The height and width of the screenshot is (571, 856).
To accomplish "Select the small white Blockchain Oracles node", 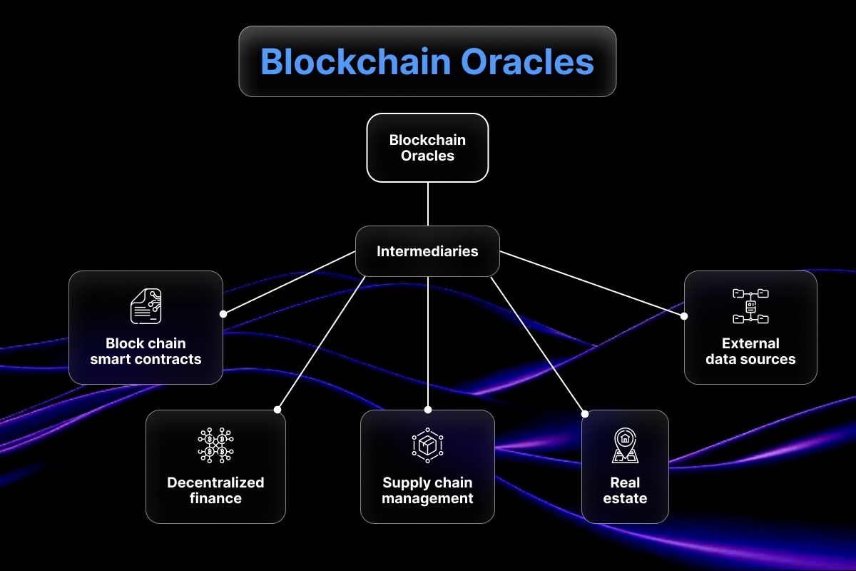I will (x=427, y=148).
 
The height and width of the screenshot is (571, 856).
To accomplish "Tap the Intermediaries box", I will (x=427, y=251).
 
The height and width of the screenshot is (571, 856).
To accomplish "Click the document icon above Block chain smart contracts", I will (x=146, y=306).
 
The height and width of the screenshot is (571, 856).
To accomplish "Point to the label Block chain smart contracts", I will (x=146, y=351).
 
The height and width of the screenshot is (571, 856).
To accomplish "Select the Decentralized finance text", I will (x=215, y=490).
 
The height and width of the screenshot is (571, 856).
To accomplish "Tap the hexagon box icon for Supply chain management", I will (x=427, y=445).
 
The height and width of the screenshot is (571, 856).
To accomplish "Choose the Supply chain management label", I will (x=427, y=490).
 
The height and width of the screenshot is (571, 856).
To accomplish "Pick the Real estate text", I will (x=625, y=490).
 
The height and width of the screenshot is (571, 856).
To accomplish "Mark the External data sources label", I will (x=750, y=351).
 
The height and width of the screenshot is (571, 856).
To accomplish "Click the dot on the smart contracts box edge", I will (x=223, y=313).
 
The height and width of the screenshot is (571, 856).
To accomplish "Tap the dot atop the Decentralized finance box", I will (x=277, y=410).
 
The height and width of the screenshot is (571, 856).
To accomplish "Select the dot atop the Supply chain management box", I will (x=428, y=410).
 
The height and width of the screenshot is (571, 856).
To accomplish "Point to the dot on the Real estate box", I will (x=585, y=413).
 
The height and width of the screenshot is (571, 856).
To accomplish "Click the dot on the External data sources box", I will (x=684, y=315).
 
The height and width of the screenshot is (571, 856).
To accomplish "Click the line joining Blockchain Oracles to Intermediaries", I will (x=427, y=204).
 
